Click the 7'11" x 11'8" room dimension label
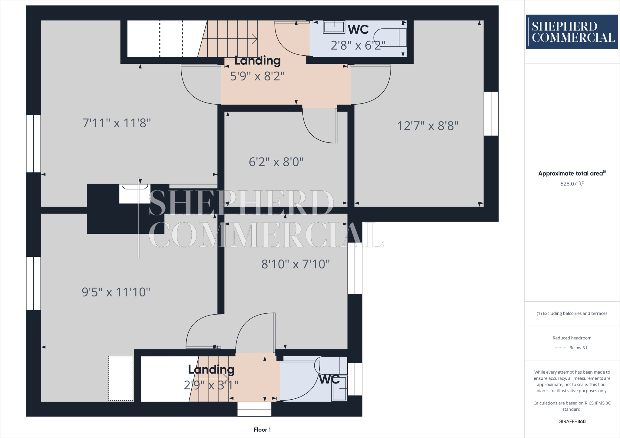(117, 123)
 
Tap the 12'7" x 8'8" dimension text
(428, 126)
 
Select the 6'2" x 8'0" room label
(276, 162)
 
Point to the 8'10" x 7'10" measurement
(295, 264)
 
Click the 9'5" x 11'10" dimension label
(116, 292)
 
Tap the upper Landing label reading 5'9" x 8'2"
(257, 69)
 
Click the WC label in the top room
(358, 30)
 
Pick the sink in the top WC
(334, 27)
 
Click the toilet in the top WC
(391, 38)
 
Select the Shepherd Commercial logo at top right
(572, 32)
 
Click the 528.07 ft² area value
(572, 184)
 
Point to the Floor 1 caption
(262, 430)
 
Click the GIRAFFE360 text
(572, 421)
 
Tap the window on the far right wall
(491, 114)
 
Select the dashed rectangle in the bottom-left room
(121, 378)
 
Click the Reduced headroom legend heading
(572, 338)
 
